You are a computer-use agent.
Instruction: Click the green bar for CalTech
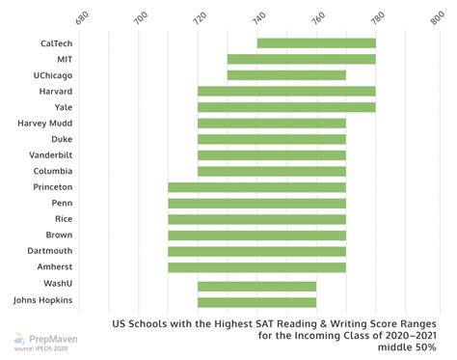tap(316, 42)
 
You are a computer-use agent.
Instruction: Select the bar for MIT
tap(301, 59)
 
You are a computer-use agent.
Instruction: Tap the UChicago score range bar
tap(286, 75)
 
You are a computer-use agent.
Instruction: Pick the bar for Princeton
tap(256, 187)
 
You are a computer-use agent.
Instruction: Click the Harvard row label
tap(54, 92)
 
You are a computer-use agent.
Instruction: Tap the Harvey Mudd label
tap(45, 124)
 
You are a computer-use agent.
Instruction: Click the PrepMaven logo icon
tap(17, 339)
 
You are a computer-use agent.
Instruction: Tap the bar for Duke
tap(271, 139)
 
